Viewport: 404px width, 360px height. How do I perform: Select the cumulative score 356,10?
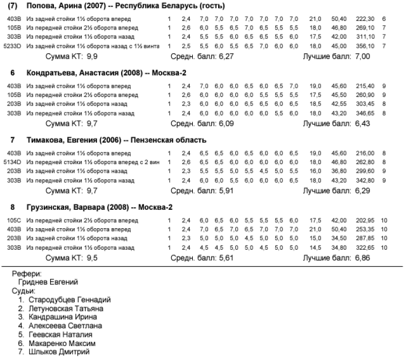pos(365,46)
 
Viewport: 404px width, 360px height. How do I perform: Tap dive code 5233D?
pos(11,46)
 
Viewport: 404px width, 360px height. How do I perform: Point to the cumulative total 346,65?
pos(365,113)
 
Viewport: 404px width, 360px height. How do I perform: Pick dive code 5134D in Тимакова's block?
pos(11,161)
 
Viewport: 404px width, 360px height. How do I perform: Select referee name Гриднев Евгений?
pos(48,281)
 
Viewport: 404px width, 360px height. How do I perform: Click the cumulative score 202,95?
pos(365,220)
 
